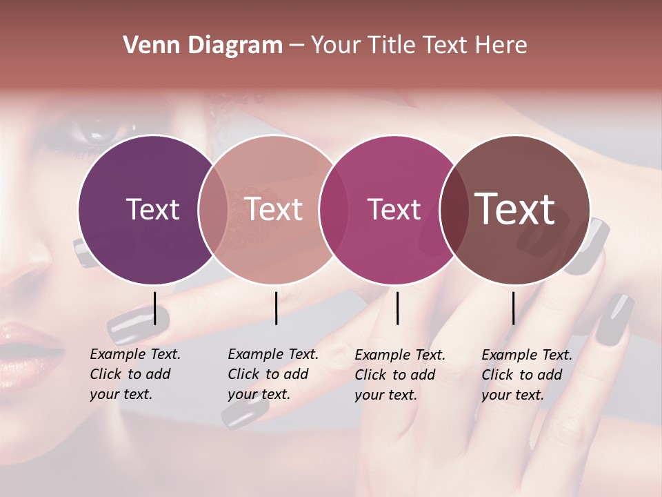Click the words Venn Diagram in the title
tap(203, 46)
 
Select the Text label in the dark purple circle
tap(152, 209)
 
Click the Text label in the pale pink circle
tap(274, 209)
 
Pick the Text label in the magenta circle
tap(394, 209)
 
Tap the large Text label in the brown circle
tap(515, 208)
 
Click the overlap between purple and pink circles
tap(213, 209)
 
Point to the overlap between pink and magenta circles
tap(334, 209)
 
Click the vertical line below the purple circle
tap(155, 308)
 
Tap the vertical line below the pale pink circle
tap(276, 308)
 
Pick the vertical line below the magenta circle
tap(397, 308)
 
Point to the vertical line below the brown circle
tap(513, 308)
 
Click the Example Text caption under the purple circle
tap(135, 374)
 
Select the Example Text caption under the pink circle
tap(273, 374)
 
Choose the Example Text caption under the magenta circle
tap(400, 375)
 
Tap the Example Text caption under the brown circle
tap(527, 375)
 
